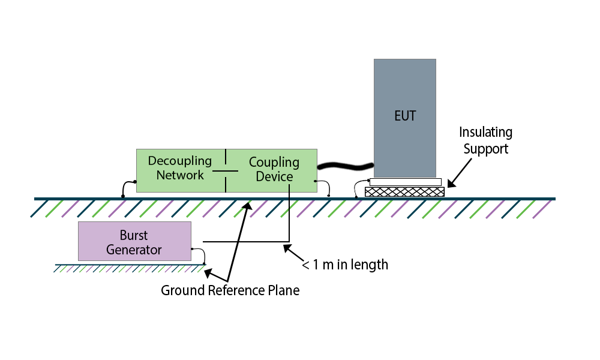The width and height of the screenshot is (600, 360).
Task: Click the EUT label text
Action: [x=405, y=116]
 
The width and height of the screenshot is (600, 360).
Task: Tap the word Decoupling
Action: [x=180, y=161]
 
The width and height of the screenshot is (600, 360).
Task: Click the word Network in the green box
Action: [x=180, y=175]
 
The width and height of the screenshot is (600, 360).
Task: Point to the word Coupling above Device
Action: [x=274, y=162]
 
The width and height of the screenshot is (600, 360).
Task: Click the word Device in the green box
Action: [x=274, y=176]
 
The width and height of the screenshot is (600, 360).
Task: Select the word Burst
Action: [x=134, y=235]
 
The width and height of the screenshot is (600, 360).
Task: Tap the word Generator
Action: [x=134, y=250]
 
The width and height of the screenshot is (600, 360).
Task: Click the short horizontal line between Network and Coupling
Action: [x=225, y=171]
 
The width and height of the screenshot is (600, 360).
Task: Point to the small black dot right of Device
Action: [x=316, y=181]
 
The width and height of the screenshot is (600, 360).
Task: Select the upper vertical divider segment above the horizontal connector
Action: [x=226, y=157]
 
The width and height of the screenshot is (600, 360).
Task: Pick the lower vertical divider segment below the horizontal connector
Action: [x=226, y=184]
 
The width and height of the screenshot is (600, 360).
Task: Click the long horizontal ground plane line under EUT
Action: [x=456, y=199]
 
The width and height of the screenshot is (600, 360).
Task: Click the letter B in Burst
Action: [x=123, y=235]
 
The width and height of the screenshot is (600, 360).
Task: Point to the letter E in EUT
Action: [x=397, y=116]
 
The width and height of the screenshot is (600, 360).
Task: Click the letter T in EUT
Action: [x=413, y=116]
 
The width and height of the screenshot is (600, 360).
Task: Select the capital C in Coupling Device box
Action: [x=253, y=162]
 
